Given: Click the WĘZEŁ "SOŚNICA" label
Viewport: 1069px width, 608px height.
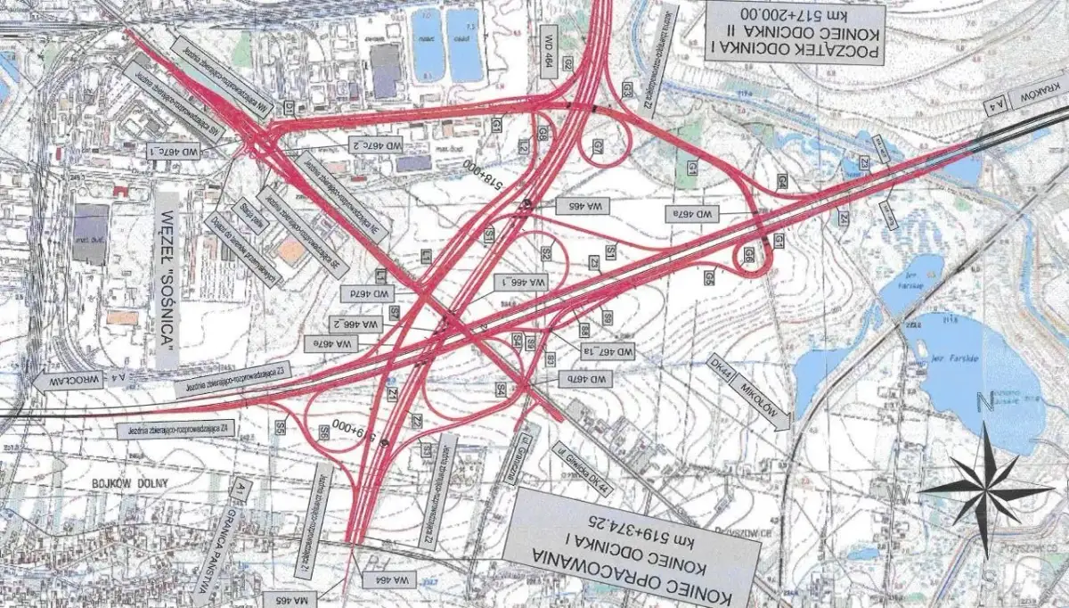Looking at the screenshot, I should click(x=167, y=278).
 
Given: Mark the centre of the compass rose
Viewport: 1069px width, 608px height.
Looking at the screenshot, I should click(x=985, y=489).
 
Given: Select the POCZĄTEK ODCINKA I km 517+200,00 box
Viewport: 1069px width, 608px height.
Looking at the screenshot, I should click(x=795, y=30).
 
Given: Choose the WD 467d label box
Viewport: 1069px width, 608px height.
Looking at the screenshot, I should click(x=366, y=292).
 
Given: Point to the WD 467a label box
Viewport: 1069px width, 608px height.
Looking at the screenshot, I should click(x=692, y=214).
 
